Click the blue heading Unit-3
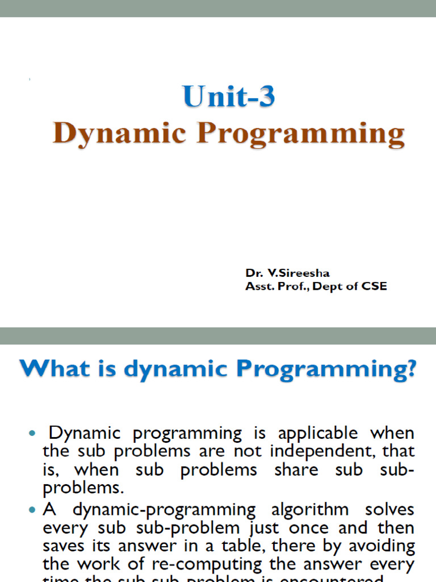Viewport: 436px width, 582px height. [229, 97]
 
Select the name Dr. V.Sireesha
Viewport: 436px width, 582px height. [287, 273]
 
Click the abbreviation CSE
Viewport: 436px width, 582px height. [375, 287]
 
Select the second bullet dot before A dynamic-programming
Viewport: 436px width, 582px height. [32, 510]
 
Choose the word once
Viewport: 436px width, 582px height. [308, 528]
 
